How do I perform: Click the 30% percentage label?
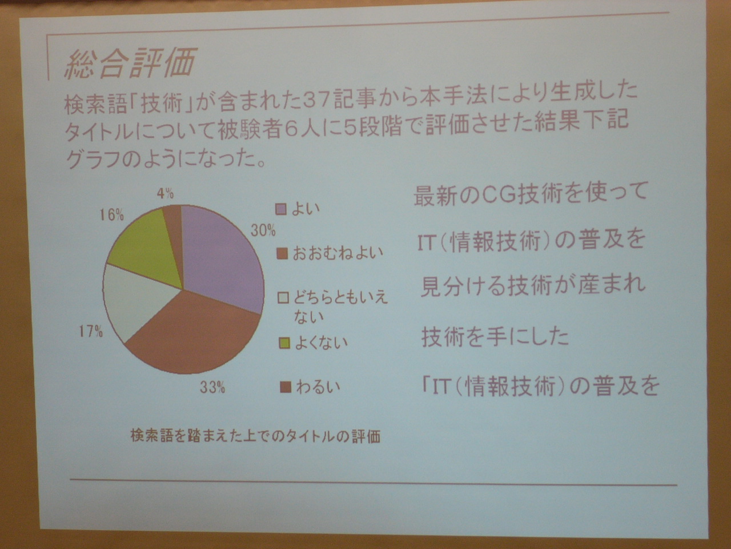pos(263,230)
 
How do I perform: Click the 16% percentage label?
pos(112,215)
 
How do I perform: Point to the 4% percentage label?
pos(165,193)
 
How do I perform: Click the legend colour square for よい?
pos(281,209)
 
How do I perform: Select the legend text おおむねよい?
pos(338,254)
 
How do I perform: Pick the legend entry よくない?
pos(313,343)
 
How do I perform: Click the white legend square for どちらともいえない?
pos(283,298)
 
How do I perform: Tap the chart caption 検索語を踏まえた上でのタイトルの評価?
pos(255,436)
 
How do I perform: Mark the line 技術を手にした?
pos(495,337)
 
